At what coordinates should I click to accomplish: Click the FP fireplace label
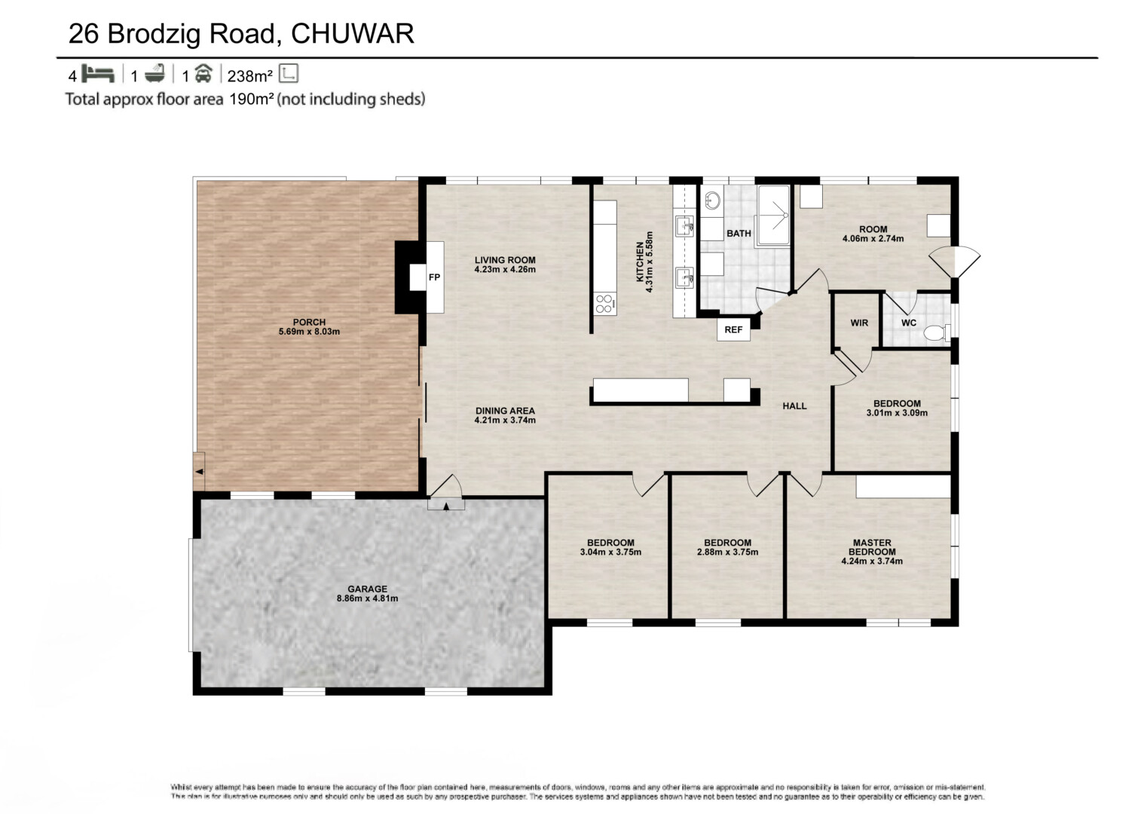coord(434,277)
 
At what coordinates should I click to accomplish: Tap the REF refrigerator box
coord(733,330)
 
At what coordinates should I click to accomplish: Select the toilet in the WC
coord(935,331)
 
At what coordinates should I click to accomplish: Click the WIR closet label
coord(859,323)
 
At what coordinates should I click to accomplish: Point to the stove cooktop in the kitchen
coord(604,304)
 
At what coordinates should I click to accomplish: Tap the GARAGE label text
coord(367,589)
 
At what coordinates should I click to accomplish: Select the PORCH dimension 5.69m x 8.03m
coord(309,332)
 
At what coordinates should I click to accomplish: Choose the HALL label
coord(794,406)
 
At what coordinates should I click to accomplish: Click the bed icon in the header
coord(97,75)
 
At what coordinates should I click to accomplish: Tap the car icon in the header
coord(203,75)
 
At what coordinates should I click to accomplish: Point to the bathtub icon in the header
coord(154,75)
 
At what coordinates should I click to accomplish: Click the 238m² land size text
coord(249,76)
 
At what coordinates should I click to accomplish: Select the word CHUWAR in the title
coord(352,34)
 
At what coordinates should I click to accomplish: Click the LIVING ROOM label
coord(505,260)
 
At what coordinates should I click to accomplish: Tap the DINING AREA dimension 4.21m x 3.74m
coord(505,421)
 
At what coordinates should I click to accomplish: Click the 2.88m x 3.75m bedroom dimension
coord(727,552)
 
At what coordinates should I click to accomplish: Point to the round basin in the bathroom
coord(712,200)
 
